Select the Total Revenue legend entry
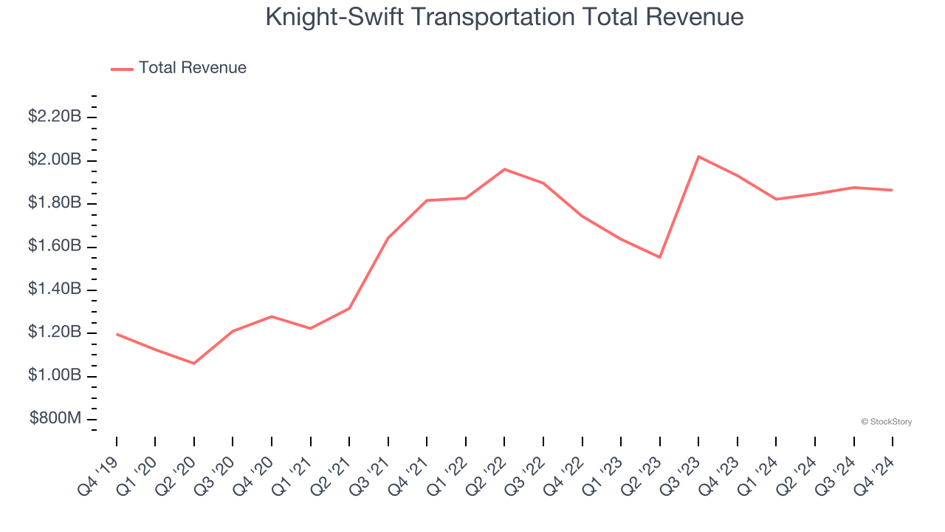point(192,68)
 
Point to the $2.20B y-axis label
point(55,117)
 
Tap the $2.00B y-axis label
point(55,160)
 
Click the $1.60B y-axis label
point(55,245)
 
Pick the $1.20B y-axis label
point(55,332)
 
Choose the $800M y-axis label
point(55,418)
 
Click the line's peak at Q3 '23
point(698,157)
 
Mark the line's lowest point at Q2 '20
point(194,364)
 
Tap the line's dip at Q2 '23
point(659,257)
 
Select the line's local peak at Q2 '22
point(504,169)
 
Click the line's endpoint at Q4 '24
point(892,190)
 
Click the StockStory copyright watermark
point(886,422)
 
